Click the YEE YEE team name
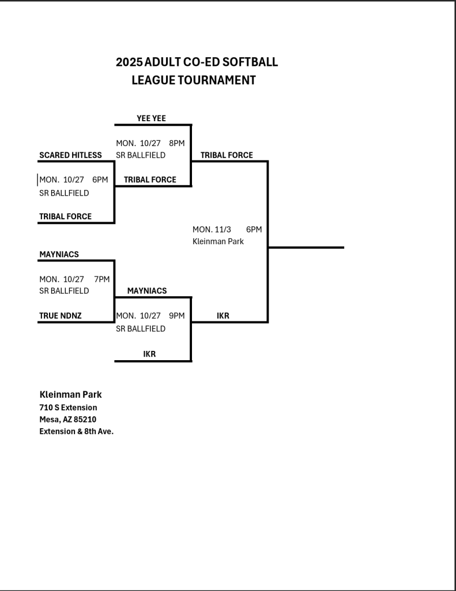(x=151, y=118)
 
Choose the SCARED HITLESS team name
(x=70, y=155)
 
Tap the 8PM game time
(x=176, y=143)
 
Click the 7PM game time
(x=101, y=279)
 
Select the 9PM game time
(x=176, y=316)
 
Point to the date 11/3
(x=223, y=229)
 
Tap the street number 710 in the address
(x=46, y=407)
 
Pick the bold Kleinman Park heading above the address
(x=70, y=395)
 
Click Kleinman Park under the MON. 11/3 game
(x=218, y=241)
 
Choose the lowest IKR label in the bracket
(x=149, y=353)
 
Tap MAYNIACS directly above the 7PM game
(x=59, y=254)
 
